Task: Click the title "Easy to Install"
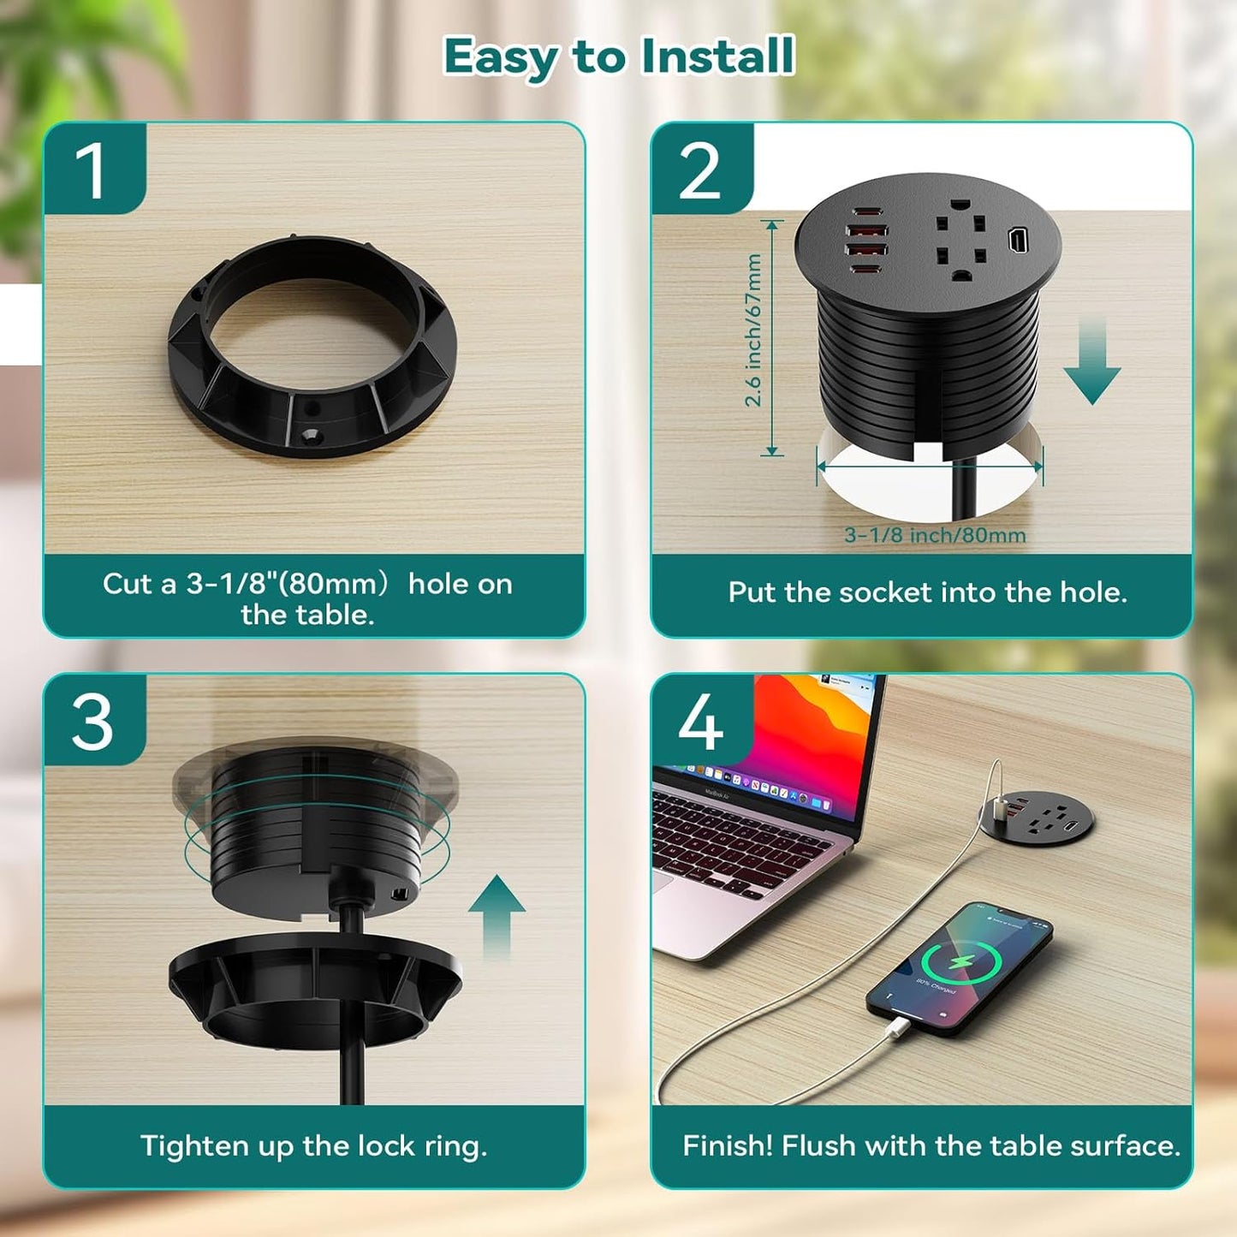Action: (618, 56)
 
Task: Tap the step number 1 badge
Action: (92, 169)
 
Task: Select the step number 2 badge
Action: (700, 169)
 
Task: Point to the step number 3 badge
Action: (92, 721)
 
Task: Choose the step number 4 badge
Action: (700, 721)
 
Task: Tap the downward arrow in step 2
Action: (1091, 364)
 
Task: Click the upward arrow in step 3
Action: (497, 916)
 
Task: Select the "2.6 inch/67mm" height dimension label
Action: (752, 330)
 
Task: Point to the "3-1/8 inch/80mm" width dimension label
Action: (935, 535)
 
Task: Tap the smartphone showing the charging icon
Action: (959, 967)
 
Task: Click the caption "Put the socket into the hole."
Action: (927, 592)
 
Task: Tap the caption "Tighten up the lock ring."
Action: (313, 1145)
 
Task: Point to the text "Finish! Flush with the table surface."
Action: (931, 1145)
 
